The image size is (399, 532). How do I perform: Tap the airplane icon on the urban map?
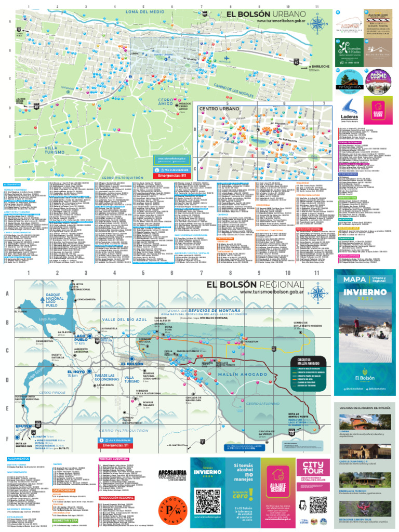[x=226, y=58]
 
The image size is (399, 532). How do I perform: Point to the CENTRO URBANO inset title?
[x=218, y=109]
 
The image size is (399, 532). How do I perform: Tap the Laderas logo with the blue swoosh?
[x=348, y=109]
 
